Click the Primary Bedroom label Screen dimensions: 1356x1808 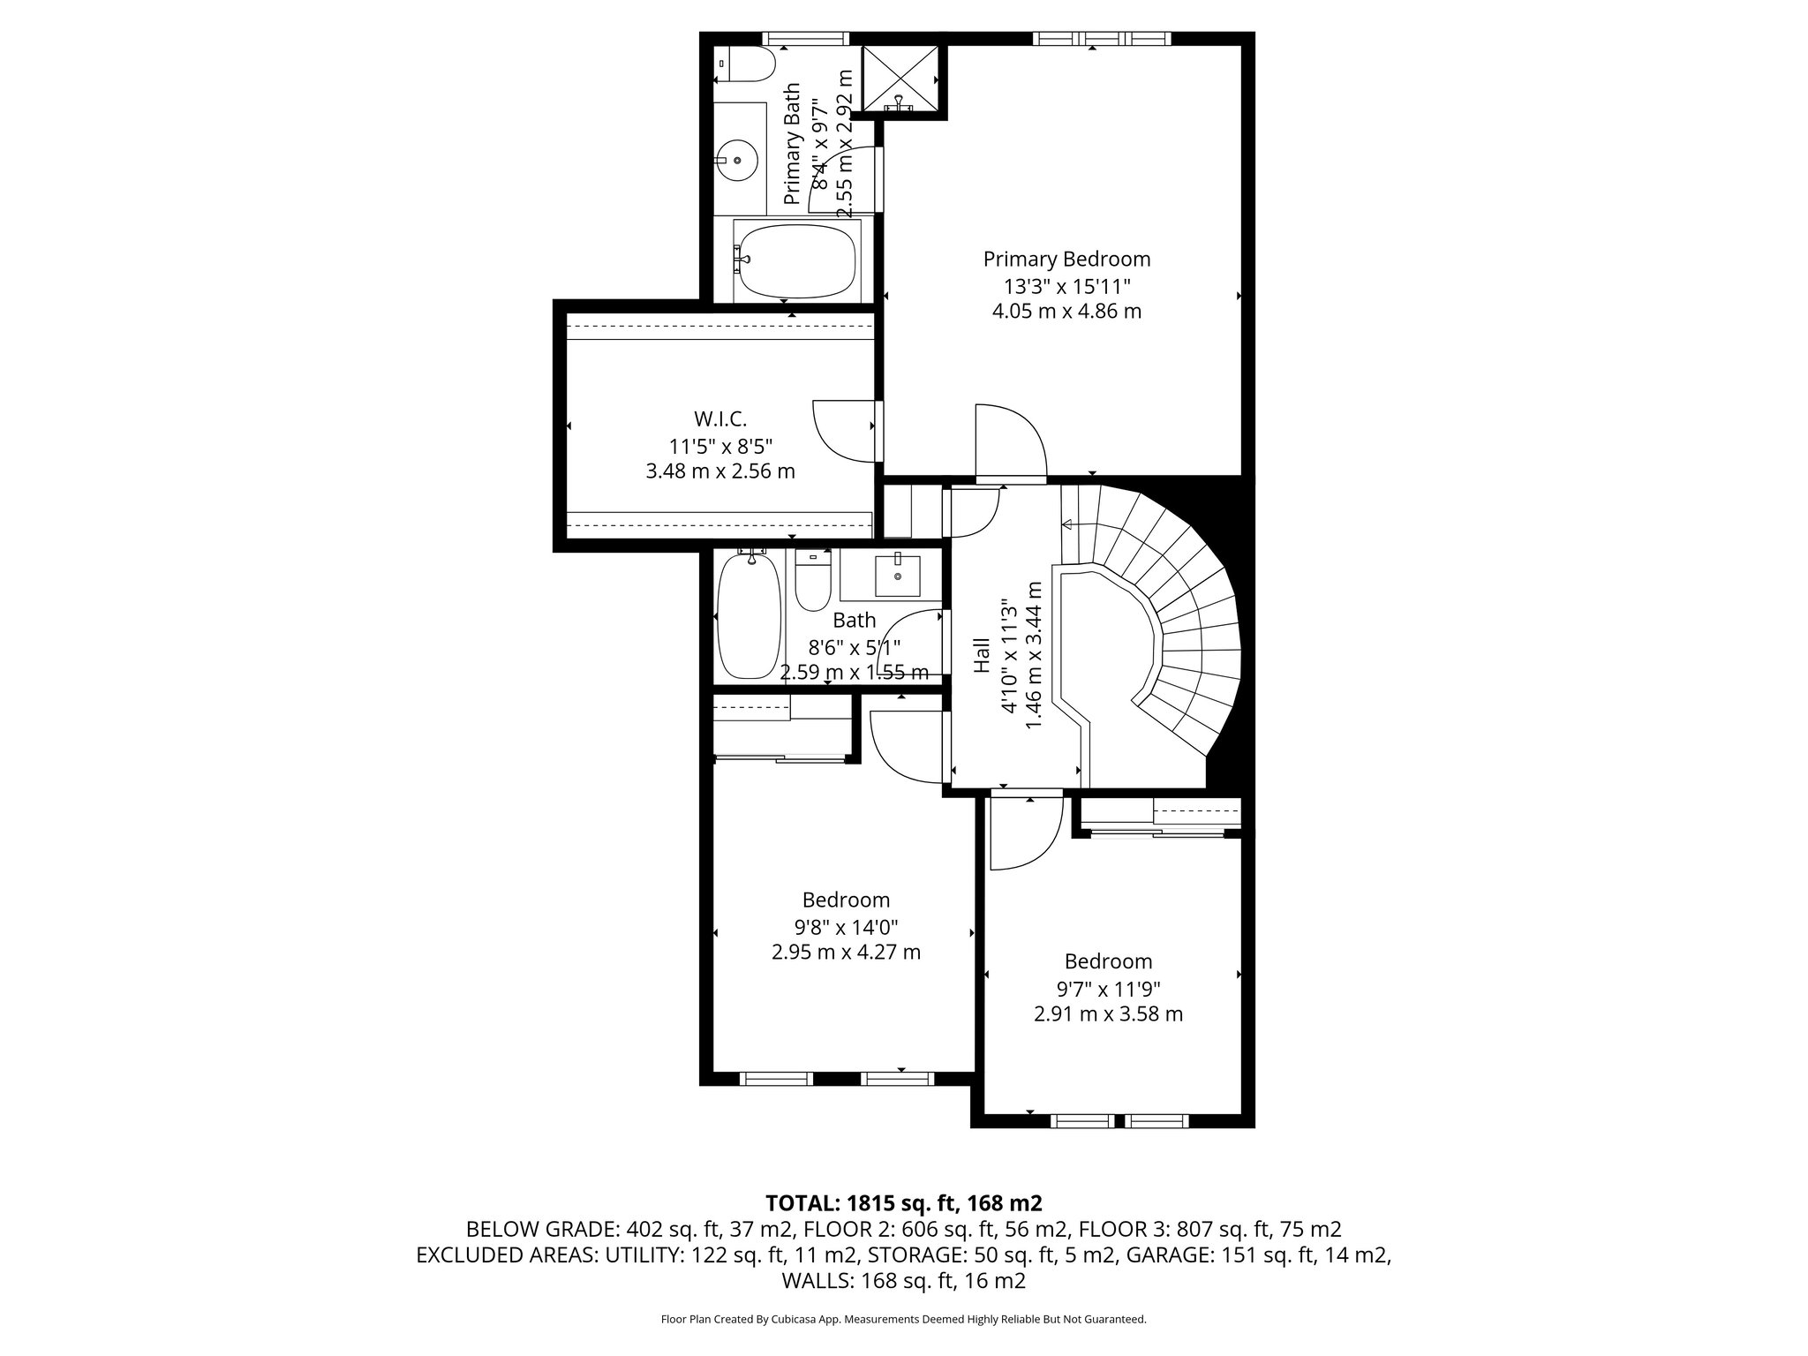tap(1066, 259)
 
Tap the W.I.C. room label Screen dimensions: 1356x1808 tap(720, 418)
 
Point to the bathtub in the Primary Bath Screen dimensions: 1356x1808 tap(796, 260)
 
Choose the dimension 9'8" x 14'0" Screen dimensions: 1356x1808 tap(846, 927)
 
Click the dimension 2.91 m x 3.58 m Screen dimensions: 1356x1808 tap(1108, 1013)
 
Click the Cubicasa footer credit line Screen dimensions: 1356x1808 tap(903, 1320)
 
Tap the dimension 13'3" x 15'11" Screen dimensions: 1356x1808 tap(1066, 286)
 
